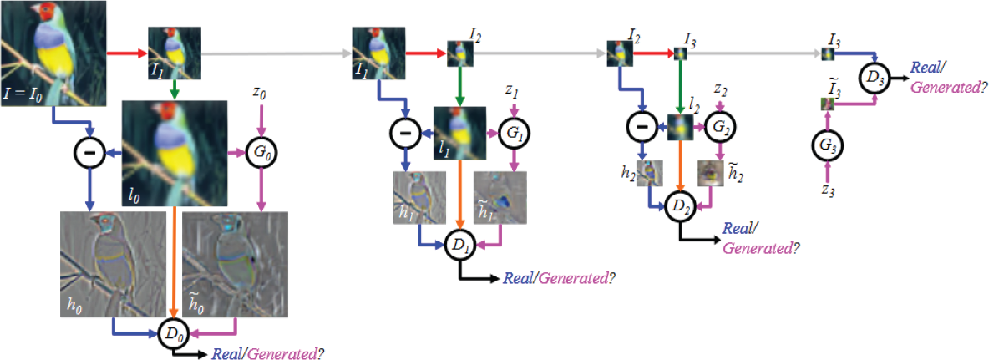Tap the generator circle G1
515,133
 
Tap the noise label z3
828,190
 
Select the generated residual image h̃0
235,264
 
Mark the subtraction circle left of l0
90,154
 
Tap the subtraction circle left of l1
405,133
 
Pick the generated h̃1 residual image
500,196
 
